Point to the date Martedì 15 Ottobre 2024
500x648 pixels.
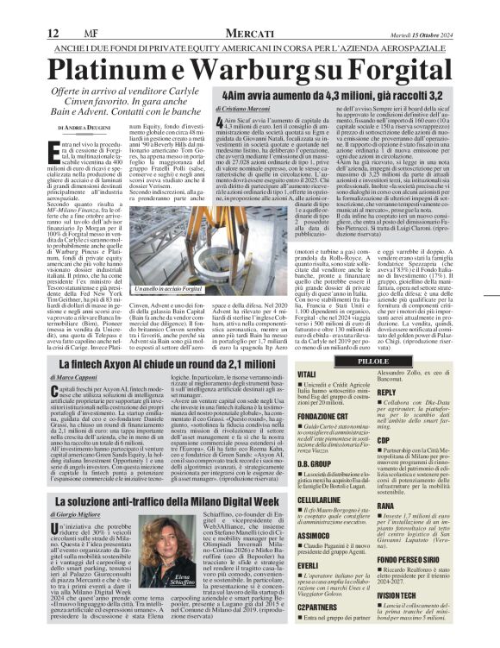pyautogui.click(x=454, y=9)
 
